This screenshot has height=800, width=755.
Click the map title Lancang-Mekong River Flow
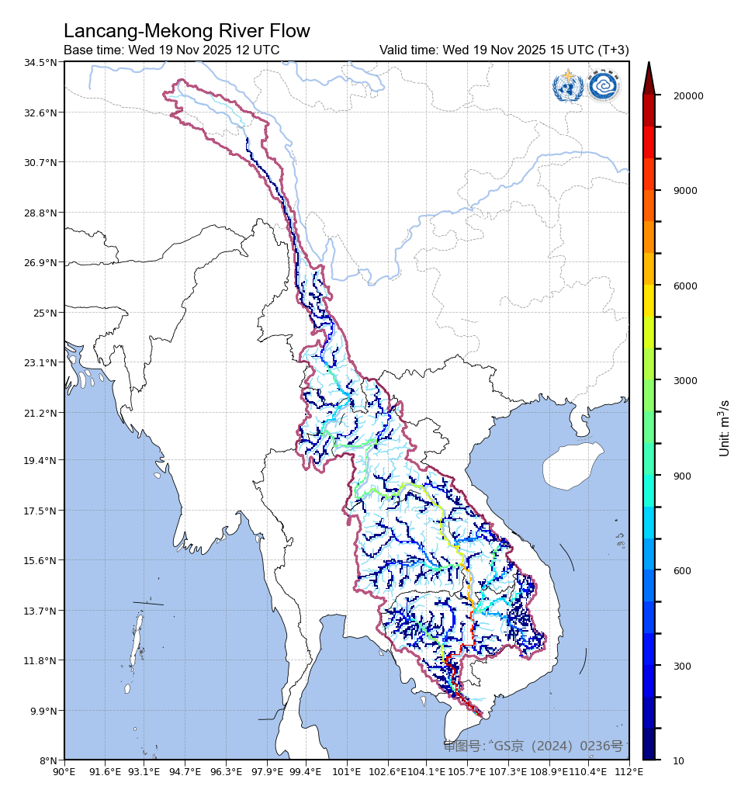point(186,31)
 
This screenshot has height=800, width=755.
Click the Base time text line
point(171,50)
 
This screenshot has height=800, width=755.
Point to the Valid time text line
point(504,50)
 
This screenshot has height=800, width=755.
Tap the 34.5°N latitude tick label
point(41,62)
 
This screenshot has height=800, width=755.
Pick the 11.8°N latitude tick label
point(41,661)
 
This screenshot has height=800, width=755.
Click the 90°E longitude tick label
point(64,772)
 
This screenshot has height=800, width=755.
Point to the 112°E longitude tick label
point(629,772)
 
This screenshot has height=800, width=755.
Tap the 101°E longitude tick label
point(346,772)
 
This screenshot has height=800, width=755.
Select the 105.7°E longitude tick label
point(467,772)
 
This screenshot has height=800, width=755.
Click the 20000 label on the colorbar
point(688,96)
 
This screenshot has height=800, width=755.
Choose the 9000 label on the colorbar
point(685,191)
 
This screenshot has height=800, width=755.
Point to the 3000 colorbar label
point(685,381)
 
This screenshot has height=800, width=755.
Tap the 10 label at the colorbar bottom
point(679,760)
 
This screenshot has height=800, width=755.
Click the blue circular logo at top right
point(603,86)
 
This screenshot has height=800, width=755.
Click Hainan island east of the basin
point(573,466)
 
